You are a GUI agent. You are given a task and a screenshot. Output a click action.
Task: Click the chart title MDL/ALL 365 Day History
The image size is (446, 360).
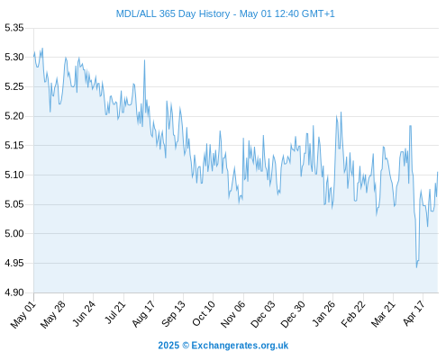[x=173, y=13]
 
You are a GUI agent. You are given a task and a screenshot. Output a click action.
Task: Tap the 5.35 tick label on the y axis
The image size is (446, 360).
[x=14, y=28]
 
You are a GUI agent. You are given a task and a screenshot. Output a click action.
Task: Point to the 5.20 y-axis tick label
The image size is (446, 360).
[x=14, y=116]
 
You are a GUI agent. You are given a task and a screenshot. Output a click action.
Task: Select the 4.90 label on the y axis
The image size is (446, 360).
[x=14, y=292]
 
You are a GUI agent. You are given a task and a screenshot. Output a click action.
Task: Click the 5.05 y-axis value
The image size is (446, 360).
[x=14, y=204]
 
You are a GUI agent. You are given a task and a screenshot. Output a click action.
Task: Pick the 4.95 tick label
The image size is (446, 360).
[x=14, y=263]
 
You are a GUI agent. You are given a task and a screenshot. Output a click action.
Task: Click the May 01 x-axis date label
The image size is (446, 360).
[x=23, y=315]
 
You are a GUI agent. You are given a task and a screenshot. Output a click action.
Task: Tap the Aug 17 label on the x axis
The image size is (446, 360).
[x=144, y=314]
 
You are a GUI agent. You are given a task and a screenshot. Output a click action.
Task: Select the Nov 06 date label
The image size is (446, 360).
[x=233, y=314]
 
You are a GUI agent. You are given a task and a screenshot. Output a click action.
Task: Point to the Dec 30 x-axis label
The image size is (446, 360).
[x=293, y=314]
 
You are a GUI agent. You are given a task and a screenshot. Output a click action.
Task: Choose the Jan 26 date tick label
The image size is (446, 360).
[x=323, y=314]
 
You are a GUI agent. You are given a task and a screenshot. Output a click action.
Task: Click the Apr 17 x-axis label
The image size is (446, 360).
[x=414, y=313]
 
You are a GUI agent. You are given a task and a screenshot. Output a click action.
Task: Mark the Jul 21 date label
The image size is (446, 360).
[x=115, y=312]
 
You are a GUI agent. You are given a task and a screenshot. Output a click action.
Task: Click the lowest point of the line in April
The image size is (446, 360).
[x=416, y=267]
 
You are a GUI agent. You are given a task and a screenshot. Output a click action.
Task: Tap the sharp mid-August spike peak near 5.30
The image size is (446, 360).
[x=144, y=60]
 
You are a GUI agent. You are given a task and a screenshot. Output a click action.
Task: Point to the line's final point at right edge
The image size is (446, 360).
[x=438, y=172]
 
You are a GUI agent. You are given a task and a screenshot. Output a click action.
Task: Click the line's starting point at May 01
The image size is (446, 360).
[x=34, y=56]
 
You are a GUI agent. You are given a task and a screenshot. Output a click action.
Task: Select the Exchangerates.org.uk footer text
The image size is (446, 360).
[x=240, y=346]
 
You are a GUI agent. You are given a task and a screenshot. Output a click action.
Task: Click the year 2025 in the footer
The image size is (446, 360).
[x=168, y=346]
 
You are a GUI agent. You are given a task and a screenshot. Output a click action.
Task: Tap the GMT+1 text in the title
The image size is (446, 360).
[x=318, y=13]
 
